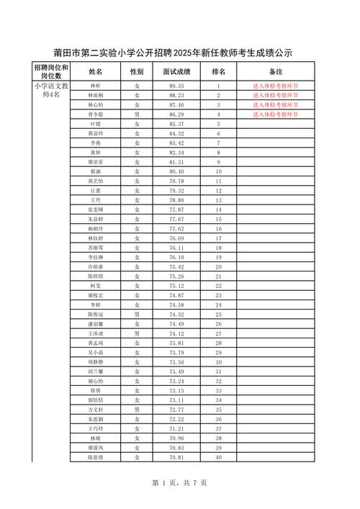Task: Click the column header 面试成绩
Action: [176, 71]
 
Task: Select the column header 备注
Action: [275, 71]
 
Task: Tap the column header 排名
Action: [218, 71]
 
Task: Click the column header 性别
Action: [137, 71]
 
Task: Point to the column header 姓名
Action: [96, 71]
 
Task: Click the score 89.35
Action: [176, 86]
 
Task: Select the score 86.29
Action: [176, 114]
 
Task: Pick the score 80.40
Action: [176, 171]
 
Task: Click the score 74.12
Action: [176, 333]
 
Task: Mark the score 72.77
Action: [176, 409]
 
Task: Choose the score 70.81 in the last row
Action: [176, 457]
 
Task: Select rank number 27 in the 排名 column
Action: [218, 333]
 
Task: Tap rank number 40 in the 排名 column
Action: [218, 457]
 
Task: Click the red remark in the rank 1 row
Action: [275, 86]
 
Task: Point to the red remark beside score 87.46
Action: [275, 105]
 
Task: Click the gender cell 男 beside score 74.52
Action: [137, 315]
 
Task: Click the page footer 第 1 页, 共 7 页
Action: [180, 482]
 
